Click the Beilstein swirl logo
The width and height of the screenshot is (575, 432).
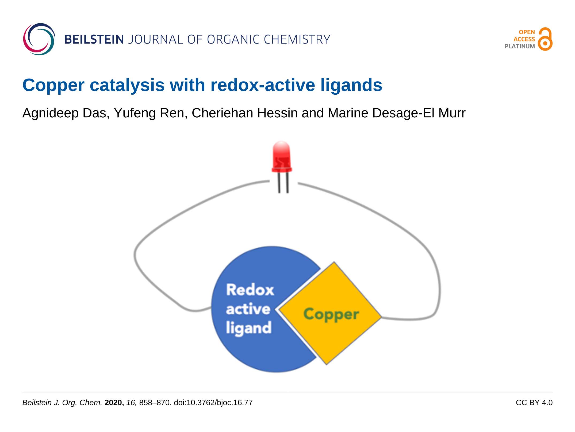pos(39,39)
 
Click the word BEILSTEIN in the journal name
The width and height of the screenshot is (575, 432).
pos(94,40)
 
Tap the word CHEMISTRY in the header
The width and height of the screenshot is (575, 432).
pos(297,40)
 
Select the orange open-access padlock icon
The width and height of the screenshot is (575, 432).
pos(545,39)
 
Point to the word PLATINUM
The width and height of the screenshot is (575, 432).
pos(519,46)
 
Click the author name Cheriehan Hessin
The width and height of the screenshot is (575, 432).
pos(244,113)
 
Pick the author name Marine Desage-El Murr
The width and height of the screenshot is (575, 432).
pos(396,113)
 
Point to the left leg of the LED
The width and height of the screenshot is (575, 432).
pos(279,183)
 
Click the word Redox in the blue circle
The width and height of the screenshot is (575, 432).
pos(250,290)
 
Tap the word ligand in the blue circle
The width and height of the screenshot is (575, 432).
pos(249,328)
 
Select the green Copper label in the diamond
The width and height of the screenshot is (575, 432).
pos(331,314)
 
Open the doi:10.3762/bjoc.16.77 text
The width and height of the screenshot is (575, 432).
pos(213,403)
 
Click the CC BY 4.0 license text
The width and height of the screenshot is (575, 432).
pos(534,403)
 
